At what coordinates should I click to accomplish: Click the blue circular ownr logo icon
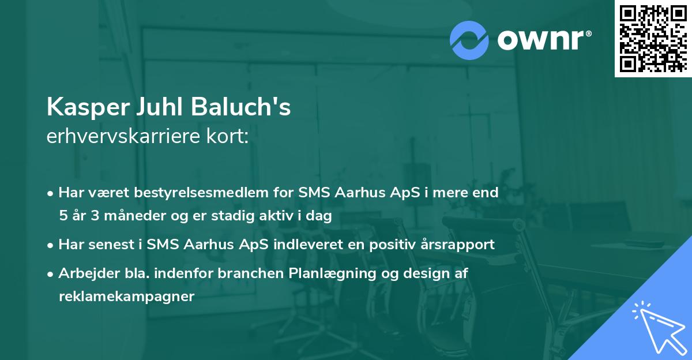click(x=469, y=40)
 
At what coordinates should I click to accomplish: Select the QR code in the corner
click(x=653, y=39)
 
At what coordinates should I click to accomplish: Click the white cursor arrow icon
click(x=657, y=325)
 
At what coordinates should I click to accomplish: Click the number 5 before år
click(x=62, y=216)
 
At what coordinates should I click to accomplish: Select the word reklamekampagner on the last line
click(x=126, y=297)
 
